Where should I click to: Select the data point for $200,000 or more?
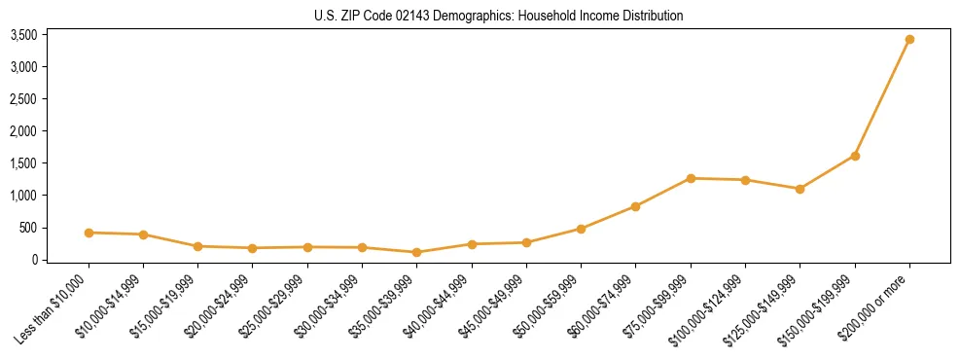(909, 40)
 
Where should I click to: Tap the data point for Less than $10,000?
(89, 233)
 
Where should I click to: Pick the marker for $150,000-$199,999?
(855, 156)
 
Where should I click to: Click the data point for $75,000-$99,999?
(691, 178)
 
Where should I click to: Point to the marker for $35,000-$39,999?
(417, 252)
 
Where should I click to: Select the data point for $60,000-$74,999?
(635, 206)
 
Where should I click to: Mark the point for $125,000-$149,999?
(800, 189)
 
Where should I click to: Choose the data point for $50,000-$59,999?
(581, 229)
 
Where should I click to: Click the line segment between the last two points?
(882, 97)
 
